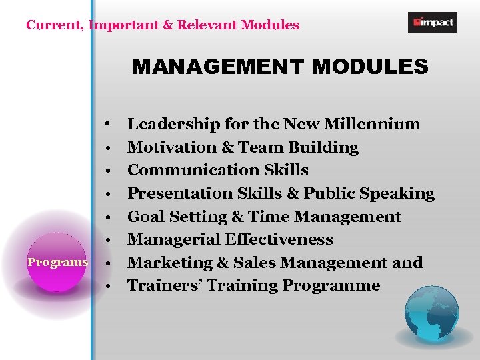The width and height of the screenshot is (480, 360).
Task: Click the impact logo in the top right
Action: pyautogui.click(x=432, y=22)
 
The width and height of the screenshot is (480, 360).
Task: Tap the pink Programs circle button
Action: pyautogui.click(x=57, y=262)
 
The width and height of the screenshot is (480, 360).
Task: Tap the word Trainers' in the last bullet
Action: pyautogui.click(x=165, y=285)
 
